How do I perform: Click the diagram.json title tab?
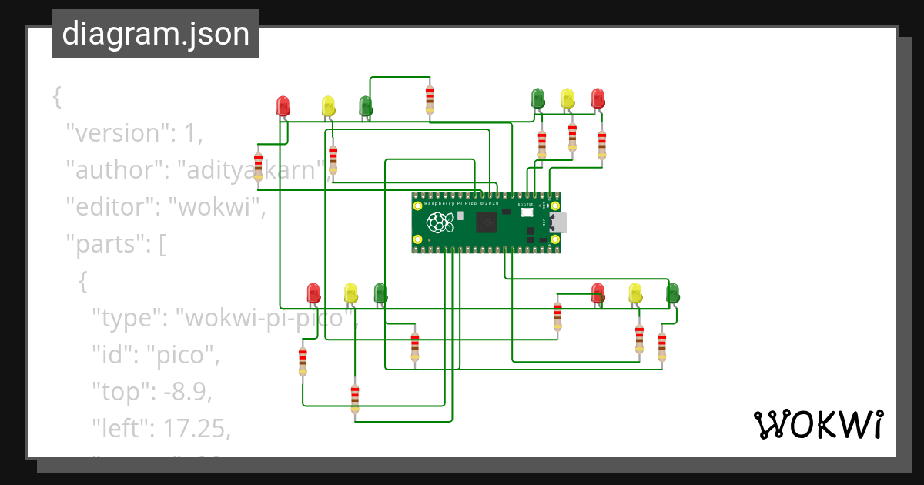coord(156,35)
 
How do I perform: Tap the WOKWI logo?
coord(817,425)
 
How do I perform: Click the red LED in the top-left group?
coord(283,106)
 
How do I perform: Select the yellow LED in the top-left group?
coord(328,106)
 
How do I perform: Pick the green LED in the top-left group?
coord(366,106)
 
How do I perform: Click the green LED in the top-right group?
coord(538,98)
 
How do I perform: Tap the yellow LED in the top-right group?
coord(567,98)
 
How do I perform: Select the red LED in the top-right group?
coord(598,98)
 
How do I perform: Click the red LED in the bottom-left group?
coord(313,293)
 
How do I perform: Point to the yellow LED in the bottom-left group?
coord(351,293)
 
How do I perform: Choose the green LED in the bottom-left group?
coord(380,293)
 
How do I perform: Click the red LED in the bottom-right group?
coord(598,293)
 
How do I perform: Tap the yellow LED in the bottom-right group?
coord(635,293)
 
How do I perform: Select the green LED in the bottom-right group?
coord(672,293)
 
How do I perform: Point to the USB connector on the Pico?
coord(557,222)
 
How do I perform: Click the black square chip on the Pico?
coord(487,223)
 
